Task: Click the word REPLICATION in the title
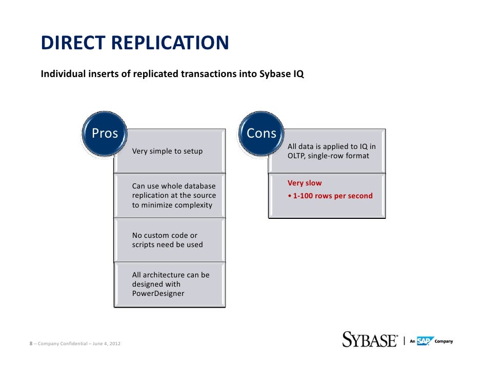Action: (170, 43)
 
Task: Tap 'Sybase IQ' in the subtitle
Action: (284, 74)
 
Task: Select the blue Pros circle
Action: (105, 134)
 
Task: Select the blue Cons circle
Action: (261, 134)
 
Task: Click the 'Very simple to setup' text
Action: (167, 151)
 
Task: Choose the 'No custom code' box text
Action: (165, 235)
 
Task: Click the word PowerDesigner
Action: (158, 293)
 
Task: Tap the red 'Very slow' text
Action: (305, 183)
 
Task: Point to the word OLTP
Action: (296, 156)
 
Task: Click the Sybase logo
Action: (369, 340)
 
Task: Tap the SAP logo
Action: (425, 341)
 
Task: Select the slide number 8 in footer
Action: (30, 343)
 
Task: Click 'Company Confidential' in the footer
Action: (61, 343)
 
